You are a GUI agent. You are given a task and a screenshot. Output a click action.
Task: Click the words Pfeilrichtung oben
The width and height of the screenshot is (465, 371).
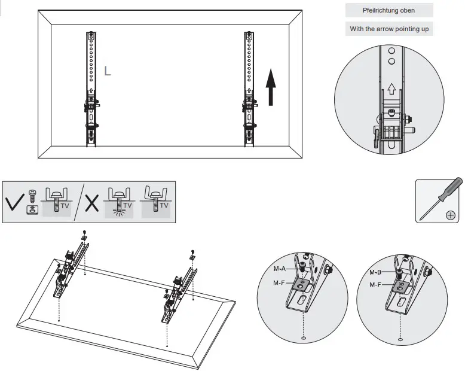click(388, 10)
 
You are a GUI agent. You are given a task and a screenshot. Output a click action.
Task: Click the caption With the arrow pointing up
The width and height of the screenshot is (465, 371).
click(388, 29)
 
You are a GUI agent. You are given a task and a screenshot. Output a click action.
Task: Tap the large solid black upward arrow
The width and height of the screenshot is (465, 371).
click(271, 87)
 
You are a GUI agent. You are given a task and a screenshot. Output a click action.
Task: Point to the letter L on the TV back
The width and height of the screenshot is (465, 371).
click(108, 71)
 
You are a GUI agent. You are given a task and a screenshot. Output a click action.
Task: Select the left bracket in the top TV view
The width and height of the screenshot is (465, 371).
click(90, 90)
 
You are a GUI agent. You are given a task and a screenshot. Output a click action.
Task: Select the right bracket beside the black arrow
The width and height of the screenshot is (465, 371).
click(249, 90)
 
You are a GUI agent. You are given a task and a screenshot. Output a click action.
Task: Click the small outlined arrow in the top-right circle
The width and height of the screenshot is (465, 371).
click(391, 89)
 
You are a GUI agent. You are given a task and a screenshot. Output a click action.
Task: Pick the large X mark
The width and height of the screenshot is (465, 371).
click(92, 203)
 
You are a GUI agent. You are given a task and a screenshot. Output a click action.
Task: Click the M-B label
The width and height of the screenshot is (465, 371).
click(377, 272)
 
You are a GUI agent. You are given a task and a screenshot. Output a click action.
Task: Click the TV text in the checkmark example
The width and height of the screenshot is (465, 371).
click(65, 206)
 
